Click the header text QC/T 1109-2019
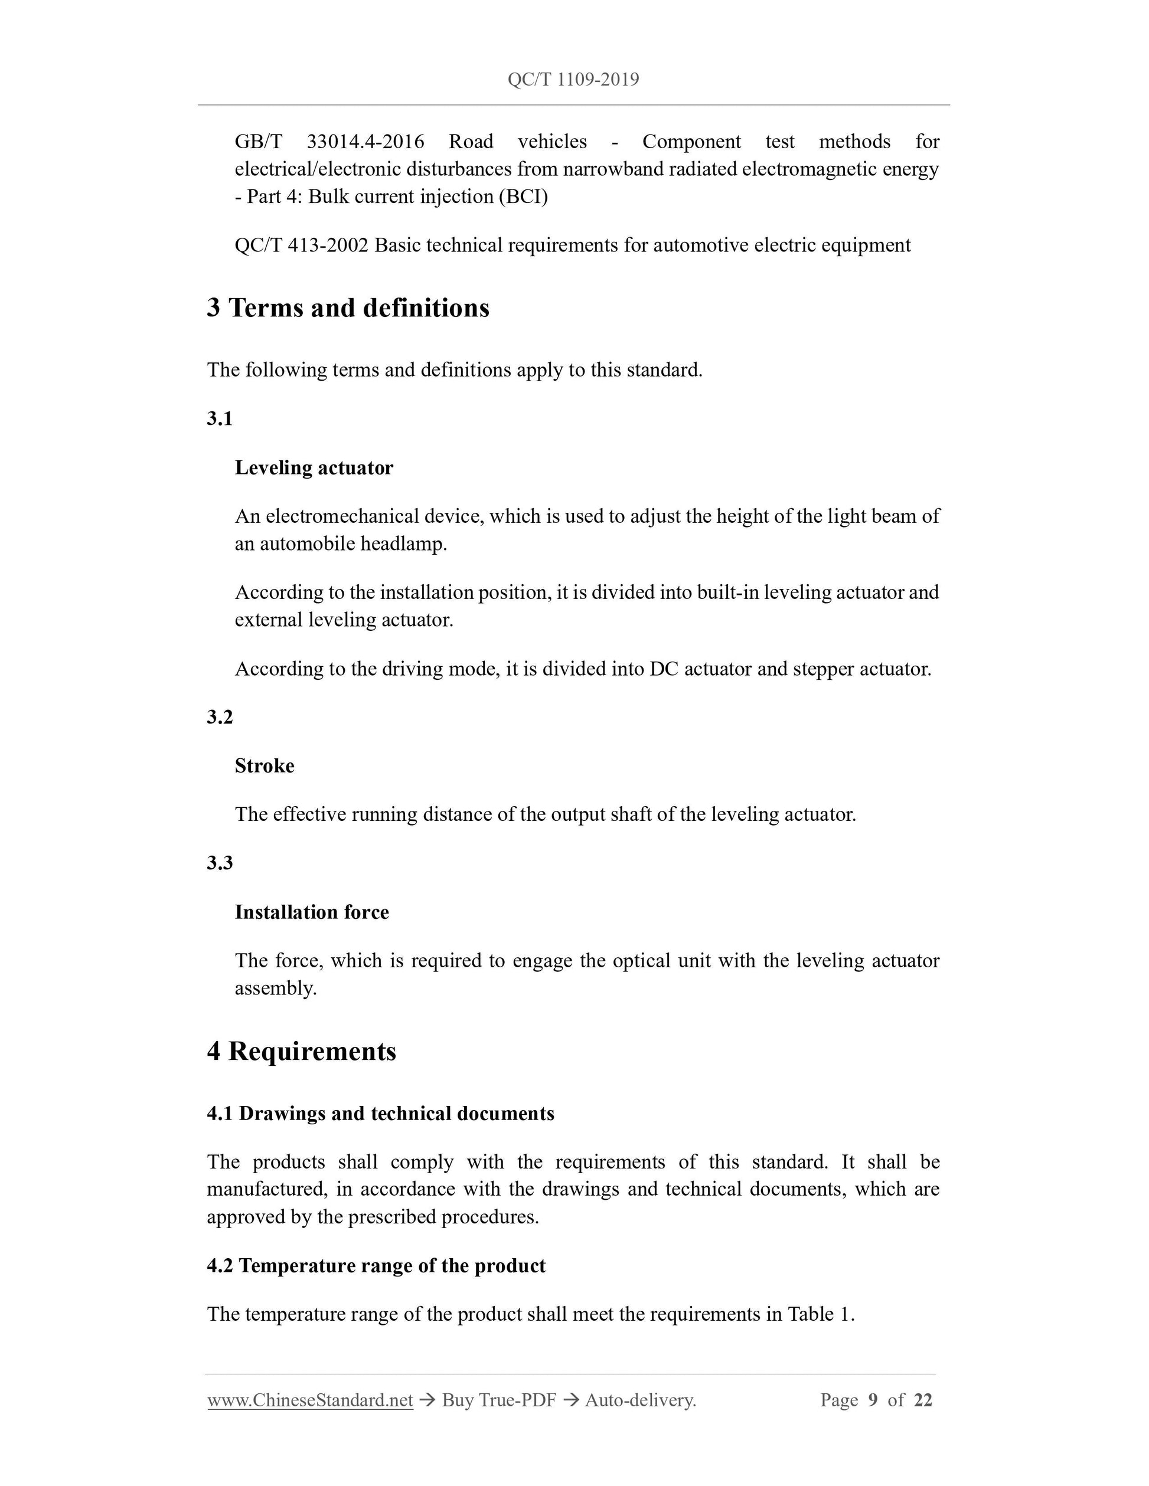573,80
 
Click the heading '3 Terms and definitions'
348,307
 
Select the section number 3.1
219,418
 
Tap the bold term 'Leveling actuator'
314,467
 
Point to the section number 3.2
219,717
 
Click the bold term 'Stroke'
264,765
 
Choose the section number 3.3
219,863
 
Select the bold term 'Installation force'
312,912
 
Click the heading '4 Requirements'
301,1051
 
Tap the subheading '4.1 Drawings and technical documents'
380,1113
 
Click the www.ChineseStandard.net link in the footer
310,1400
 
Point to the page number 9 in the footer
873,1400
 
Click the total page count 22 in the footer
923,1400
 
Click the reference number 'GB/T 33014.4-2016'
329,142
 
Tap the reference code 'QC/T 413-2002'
301,245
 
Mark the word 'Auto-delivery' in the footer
640,1400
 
